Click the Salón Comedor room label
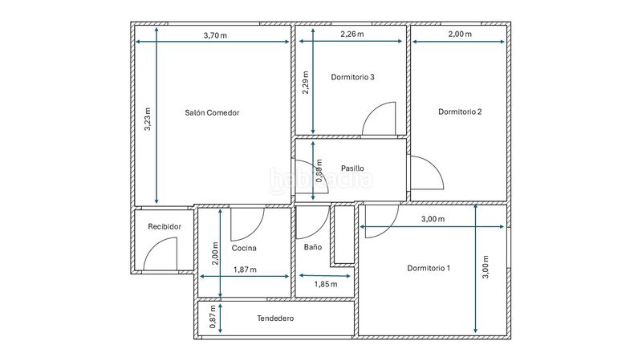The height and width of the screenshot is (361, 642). coord(212,113)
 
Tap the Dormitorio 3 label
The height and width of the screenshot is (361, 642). coord(352,77)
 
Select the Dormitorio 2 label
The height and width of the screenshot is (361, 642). coord(460,112)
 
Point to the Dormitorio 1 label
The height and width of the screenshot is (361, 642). coord(429,267)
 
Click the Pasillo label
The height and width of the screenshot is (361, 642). coord(352,168)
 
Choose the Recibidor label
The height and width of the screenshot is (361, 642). coord(165,227)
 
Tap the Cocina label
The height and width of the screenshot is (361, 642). coord(244,248)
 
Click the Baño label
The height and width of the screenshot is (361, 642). coord(312,247)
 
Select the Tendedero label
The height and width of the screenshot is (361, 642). coord(275,318)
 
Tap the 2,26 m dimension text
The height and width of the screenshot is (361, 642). coord(351,34)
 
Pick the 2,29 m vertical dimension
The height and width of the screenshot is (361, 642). coord(306,84)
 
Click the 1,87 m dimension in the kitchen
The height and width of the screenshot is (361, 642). coord(245,270)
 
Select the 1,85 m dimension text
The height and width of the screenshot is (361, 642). coord(325,284)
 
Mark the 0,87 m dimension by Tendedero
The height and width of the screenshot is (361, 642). coord(213,318)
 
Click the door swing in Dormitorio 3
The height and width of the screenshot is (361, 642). coord(380,120)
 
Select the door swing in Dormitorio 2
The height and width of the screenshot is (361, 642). coord(425,172)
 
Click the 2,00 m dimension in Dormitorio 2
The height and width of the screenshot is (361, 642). coord(460,34)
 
